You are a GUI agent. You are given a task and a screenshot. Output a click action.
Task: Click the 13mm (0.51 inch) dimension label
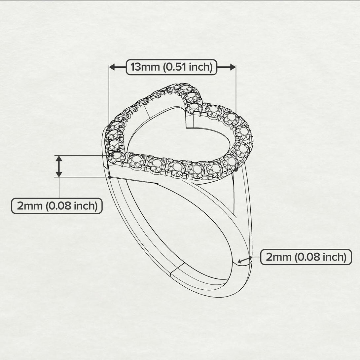pos(171,67)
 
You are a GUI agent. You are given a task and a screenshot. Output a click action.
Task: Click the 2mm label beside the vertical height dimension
pos(57,206)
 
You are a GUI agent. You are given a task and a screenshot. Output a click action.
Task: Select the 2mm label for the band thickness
pos(306,257)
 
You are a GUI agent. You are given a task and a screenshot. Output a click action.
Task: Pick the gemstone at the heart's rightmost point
pos(243,133)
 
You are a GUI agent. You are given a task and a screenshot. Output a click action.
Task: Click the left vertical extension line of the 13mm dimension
pos(109,96)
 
